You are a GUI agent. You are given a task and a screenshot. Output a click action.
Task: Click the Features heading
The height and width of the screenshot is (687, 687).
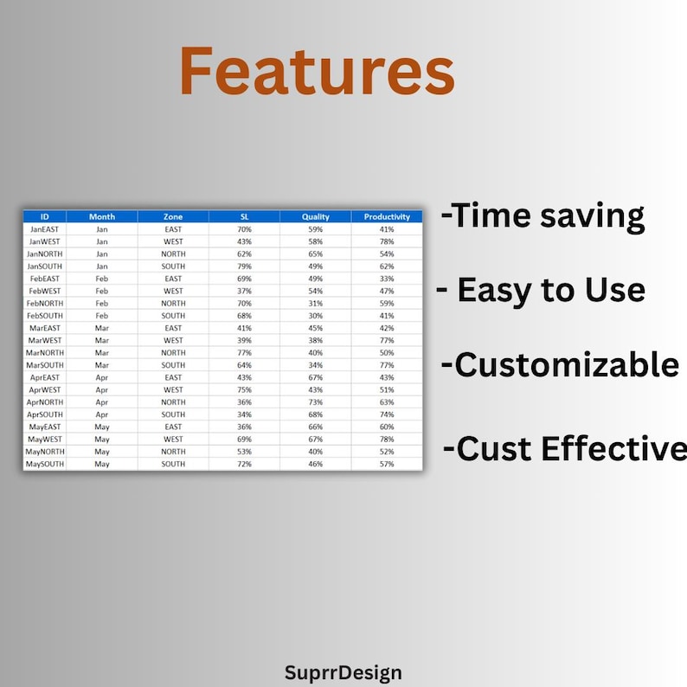point(318,71)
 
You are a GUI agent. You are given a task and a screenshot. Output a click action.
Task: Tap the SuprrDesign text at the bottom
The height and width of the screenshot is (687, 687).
point(343,673)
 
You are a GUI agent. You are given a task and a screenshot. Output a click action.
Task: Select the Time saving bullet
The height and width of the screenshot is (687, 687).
point(543,216)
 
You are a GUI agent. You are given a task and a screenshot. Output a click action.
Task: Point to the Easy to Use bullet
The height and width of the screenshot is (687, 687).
point(541,291)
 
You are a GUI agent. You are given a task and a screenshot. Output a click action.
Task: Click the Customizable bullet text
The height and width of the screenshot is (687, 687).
point(561,364)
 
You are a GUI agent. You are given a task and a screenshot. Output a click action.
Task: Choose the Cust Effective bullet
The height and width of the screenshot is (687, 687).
point(565,448)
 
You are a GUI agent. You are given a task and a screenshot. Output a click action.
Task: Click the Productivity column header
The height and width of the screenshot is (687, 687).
point(387,216)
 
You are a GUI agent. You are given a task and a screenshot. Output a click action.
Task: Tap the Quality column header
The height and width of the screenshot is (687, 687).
point(316,216)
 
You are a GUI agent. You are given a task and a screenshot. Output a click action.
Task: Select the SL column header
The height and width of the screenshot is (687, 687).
point(245,216)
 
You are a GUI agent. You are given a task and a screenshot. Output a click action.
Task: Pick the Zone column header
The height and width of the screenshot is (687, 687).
point(173,216)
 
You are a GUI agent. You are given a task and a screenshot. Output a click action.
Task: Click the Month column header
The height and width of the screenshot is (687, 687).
point(101,216)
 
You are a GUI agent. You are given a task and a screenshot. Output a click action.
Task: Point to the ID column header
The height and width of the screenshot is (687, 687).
point(45,216)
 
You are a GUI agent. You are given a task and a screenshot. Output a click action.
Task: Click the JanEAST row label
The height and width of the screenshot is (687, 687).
point(45,229)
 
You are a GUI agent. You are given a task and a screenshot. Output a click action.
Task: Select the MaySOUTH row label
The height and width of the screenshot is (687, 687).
point(45,464)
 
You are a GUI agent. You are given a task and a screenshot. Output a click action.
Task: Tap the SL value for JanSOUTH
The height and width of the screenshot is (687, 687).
point(245,266)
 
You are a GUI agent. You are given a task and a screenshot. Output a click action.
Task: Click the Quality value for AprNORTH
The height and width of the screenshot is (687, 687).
point(316,402)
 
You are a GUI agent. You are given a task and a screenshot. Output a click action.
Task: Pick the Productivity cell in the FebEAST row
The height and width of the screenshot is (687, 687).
point(387,279)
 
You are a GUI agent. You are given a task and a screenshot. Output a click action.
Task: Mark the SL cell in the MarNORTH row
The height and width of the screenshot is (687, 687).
point(245,353)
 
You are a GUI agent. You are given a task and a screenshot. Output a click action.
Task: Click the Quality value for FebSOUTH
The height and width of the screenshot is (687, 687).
point(316,316)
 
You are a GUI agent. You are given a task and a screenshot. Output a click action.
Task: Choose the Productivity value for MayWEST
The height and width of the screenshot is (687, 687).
point(387,440)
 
